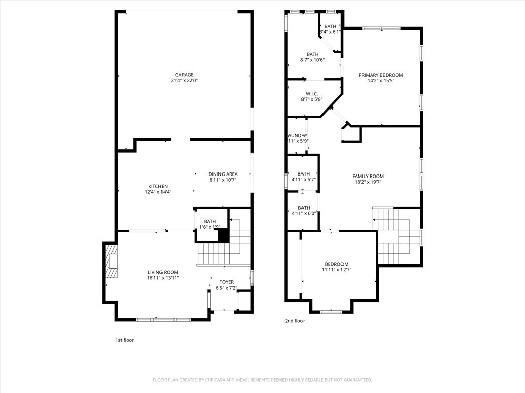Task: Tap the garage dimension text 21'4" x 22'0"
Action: (184, 81)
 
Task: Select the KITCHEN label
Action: (158, 186)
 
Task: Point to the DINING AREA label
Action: (223, 174)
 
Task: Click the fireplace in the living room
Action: (111, 261)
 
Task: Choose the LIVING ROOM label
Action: (163, 272)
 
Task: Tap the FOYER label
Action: (227, 282)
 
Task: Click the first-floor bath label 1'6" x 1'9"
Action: (210, 227)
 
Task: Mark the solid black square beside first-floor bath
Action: (224, 235)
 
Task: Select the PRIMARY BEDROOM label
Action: (380, 75)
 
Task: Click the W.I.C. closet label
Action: (312, 94)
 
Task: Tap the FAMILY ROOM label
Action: (368, 176)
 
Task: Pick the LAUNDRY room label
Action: (297, 135)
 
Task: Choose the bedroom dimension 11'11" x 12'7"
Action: (336, 270)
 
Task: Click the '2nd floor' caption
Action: (295, 321)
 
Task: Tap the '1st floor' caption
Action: (125, 340)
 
